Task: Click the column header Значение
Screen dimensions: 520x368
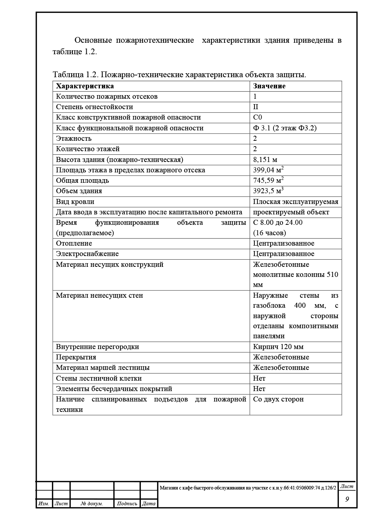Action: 269,86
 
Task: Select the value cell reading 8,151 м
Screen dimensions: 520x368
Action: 265,160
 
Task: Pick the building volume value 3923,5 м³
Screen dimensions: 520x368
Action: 268,191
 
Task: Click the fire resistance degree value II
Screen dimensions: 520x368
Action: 256,107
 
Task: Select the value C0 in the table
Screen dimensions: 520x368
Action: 257,117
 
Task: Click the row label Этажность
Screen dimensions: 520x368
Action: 74,139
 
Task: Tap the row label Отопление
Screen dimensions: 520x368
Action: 74,243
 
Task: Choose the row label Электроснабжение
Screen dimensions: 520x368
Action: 87,254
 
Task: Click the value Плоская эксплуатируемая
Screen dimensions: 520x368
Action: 295,202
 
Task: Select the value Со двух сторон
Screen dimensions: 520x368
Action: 278,399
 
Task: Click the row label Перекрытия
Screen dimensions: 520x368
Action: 76,357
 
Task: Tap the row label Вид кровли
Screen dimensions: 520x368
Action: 75,202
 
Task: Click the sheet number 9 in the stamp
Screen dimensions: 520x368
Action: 347,499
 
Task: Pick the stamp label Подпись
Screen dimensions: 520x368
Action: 127,504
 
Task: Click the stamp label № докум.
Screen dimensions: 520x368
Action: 92,504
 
